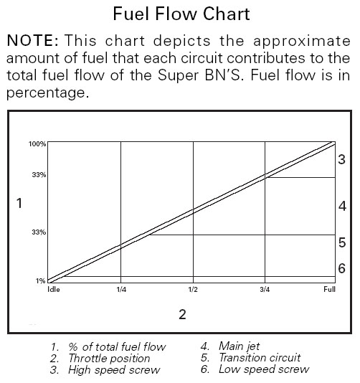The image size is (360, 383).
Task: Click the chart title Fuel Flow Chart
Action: coord(181,14)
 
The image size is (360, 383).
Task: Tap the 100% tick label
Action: coord(37,144)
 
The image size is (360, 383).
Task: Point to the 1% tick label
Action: coord(41,281)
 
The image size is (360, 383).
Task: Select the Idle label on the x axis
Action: coord(54,290)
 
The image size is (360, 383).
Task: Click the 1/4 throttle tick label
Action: coord(121,290)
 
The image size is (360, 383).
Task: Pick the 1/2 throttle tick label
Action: coord(193,290)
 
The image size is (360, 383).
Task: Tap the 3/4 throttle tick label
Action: coord(265,290)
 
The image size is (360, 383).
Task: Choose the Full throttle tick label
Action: coord(329,290)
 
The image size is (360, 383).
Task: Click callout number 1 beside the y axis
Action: coord(19,203)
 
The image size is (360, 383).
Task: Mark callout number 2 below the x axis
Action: coord(182,315)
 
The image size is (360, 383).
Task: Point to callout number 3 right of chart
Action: coord(341,159)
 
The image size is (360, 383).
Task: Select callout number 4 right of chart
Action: coord(342,206)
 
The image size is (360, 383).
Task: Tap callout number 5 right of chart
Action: coord(342,243)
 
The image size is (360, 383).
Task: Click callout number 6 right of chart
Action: coord(341,268)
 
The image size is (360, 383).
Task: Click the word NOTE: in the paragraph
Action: coord(33,41)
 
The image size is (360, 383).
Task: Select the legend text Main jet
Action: coord(239,346)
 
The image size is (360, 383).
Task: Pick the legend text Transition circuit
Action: coord(260,358)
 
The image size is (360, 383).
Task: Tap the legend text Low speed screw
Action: coord(264,369)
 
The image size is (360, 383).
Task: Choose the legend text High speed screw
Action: coord(114,370)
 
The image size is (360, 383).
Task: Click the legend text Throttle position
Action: coord(109,359)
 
